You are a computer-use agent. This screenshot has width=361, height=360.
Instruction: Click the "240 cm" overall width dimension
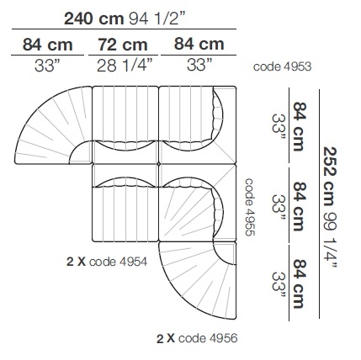pyautogui.click(x=94, y=19)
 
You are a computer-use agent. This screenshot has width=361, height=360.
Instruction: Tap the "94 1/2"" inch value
pyautogui.click(x=157, y=19)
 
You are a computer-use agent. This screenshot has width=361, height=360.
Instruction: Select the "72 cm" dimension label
pyautogui.click(x=123, y=45)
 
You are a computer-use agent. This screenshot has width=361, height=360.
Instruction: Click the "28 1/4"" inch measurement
pyautogui.click(x=125, y=66)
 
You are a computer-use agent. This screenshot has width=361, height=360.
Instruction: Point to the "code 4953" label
pyautogui.click(x=282, y=66)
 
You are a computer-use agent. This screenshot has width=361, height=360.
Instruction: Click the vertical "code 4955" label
pyautogui.click(x=250, y=207)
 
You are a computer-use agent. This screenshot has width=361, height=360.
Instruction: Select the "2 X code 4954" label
pyautogui.click(x=107, y=262)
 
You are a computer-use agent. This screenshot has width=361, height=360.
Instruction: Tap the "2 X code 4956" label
pyautogui.click(x=197, y=338)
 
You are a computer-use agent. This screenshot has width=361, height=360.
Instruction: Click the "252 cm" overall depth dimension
pyautogui.click(x=330, y=177)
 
